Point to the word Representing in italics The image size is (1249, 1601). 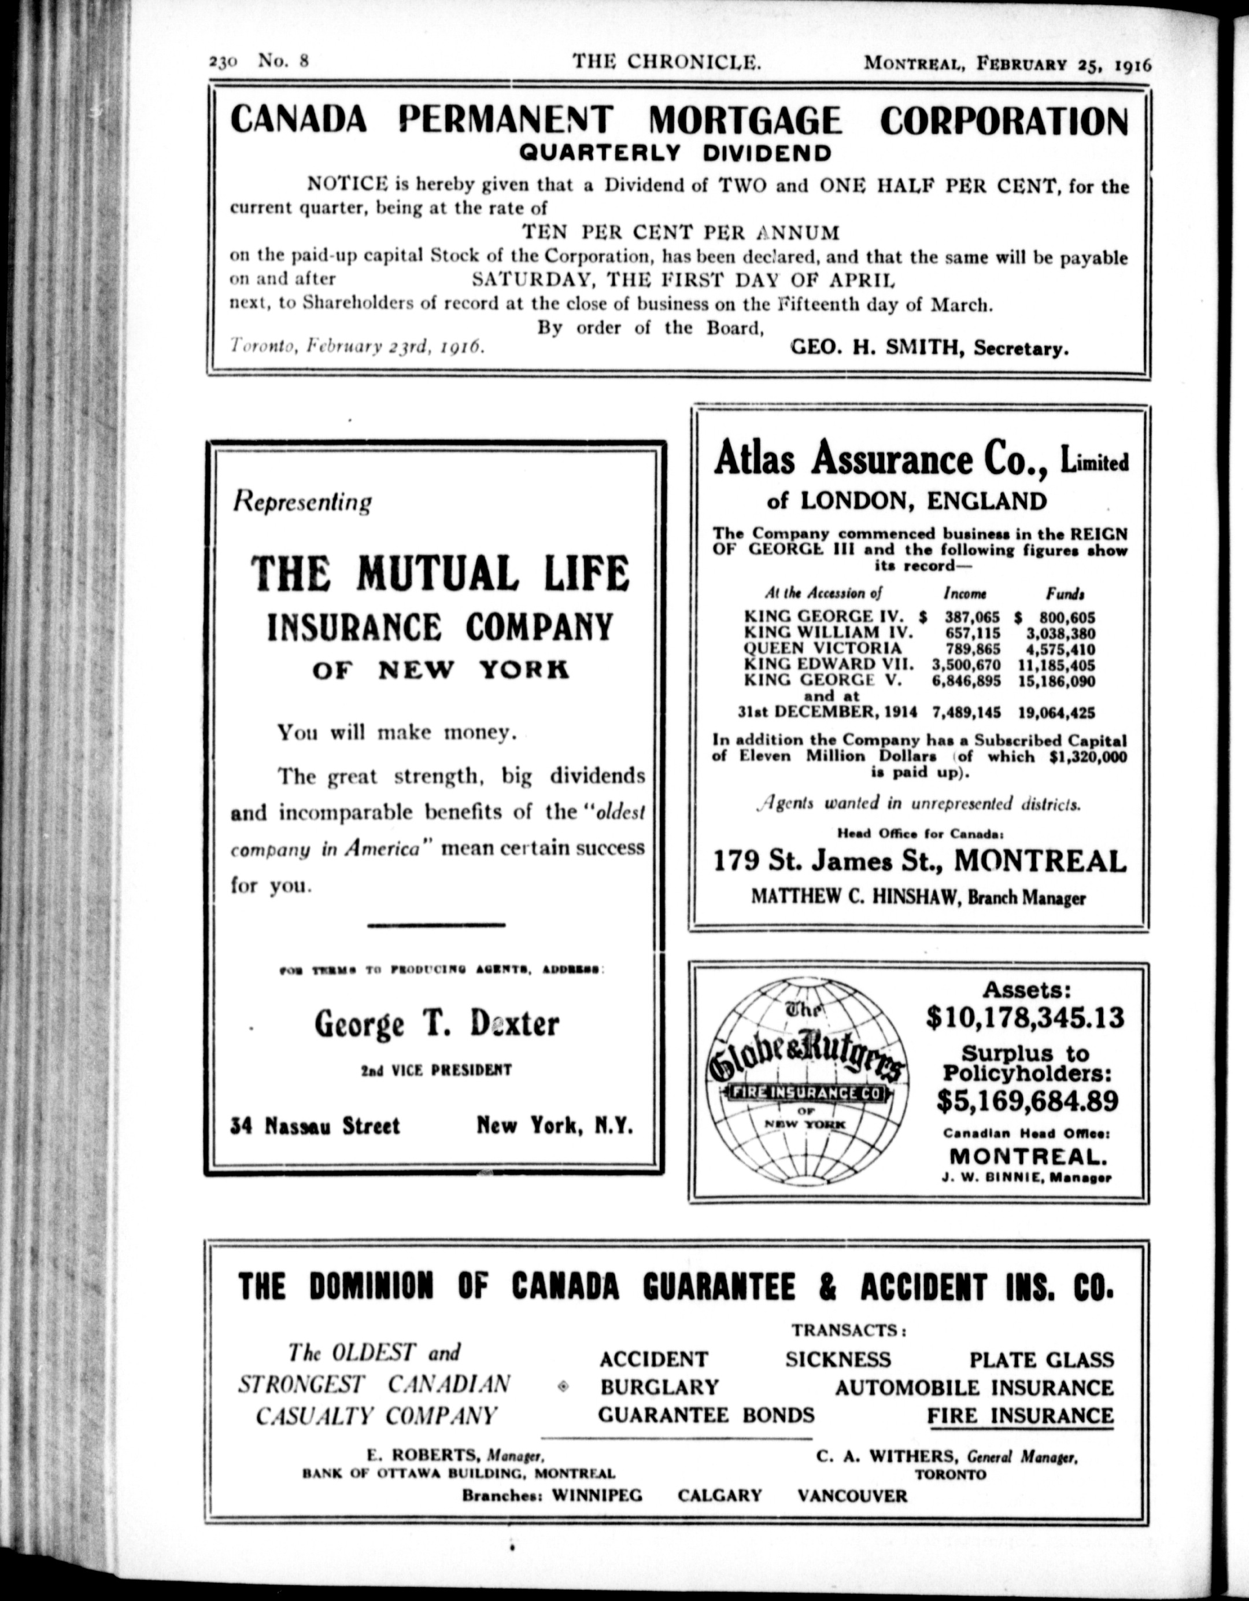click(x=302, y=502)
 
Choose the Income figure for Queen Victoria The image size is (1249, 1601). click(x=965, y=649)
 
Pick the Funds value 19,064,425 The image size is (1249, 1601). click(x=1056, y=712)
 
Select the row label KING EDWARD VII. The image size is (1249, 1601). click(x=829, y=665)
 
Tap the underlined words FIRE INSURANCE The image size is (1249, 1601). click(x=1021, y=1415)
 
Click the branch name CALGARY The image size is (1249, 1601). click(x=720, y=1495)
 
